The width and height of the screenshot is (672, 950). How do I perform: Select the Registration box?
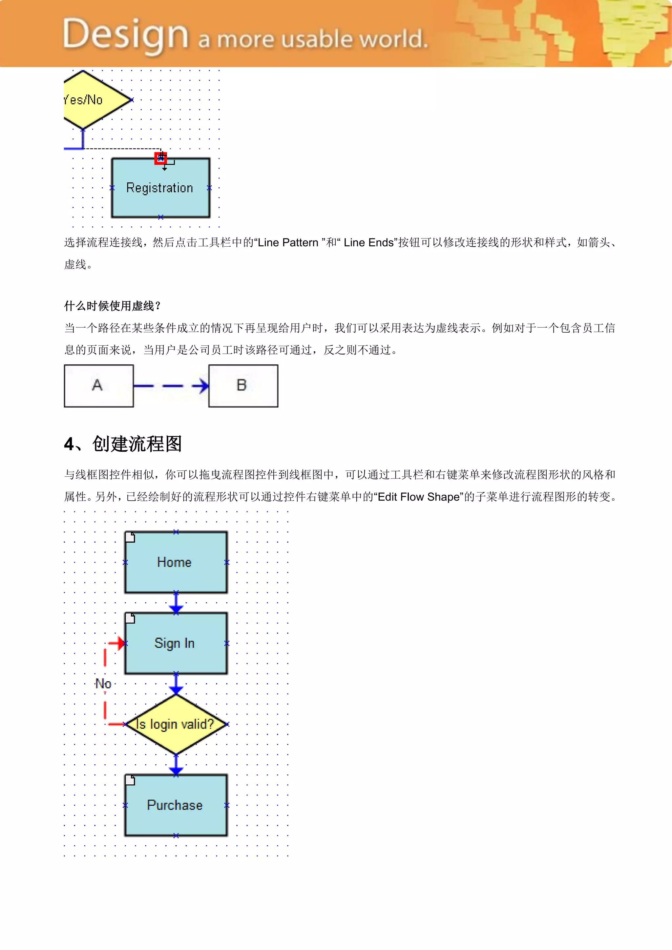pyautogui.click(x=160, y=188)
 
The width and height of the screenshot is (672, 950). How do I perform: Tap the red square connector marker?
pyautogui.click(x=160, y=158)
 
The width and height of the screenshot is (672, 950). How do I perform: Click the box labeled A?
pyautogui.click(x=98, y=386)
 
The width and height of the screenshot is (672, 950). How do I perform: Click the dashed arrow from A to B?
pyautogui.click(x=171, y=386)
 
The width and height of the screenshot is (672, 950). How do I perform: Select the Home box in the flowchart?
pyautogui.click(x=176, y=562)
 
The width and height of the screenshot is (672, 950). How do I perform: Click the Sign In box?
pyautogui.click(x=176, y=643)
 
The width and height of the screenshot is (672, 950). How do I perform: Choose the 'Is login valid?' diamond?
pyautogui.click(x=176, y=724)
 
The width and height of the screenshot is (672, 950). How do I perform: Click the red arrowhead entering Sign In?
pyautogui.click(x=120, y=643)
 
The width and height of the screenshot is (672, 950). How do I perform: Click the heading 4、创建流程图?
pyautogui.click(x=123, y=444)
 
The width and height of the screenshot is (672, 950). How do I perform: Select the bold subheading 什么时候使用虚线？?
pyautogui.click(x=112, y=306)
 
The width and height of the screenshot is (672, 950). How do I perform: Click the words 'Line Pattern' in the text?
pyautogui.click(x=288, y=242)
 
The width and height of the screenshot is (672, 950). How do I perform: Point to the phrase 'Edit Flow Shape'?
pyautogui.click(x=419, y=497)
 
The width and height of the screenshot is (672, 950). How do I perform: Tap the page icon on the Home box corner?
pyautogui.click(x=130, y=537)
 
